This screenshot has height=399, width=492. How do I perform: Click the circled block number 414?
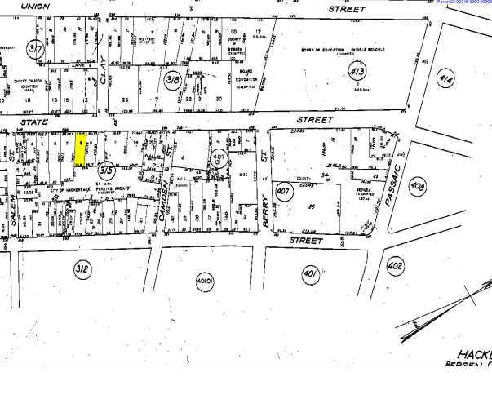pyautogui.click(x=468, y=78)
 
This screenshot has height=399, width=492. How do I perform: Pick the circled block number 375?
pyautogui.click(x=106, y=171)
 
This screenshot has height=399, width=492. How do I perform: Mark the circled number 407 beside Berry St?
pyautogui.click(x=284, y=193)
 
